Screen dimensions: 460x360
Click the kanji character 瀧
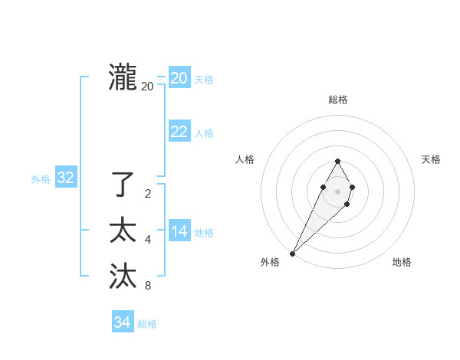coord(123,78)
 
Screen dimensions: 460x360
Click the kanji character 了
coord(123,185)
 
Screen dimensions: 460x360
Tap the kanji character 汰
coord(123,277)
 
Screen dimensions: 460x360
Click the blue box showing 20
coord(179,78)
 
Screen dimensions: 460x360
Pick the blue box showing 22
coord(179,132)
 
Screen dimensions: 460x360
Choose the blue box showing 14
coord(179,231)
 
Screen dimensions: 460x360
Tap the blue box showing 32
coord(66,178)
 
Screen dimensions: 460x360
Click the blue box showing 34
coord(122,322)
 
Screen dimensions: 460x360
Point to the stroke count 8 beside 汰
coord(147,286)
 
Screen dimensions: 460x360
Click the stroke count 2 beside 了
coord(147,194)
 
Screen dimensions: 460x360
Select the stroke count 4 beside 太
coord(147,241)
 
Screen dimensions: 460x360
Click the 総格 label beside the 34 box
coord(147,324)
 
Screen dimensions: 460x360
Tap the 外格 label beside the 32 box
coord(41,179)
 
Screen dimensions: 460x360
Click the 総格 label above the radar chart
coord(338,100)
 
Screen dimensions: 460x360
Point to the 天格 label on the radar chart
coord(431,159)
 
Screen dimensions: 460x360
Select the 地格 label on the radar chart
coord(402,262)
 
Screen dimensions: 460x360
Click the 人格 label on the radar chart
coord(245,159)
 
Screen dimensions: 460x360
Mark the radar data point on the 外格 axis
coord(293,253)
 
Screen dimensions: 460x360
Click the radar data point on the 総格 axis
coord(338,161)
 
